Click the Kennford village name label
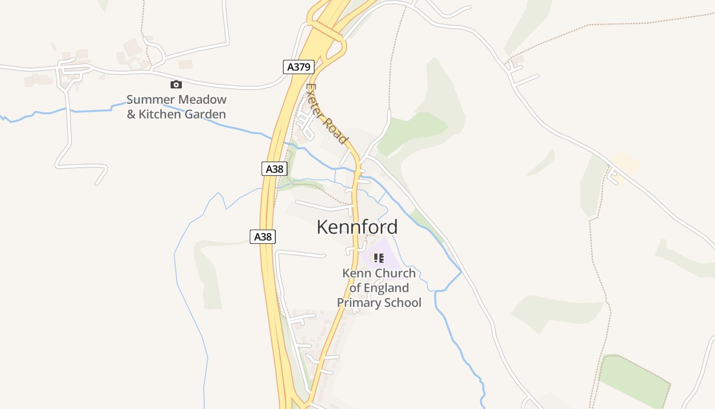click(x=357, y=227)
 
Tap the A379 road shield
click(x=298, y=67)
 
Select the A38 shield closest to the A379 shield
click(x=274, y=169)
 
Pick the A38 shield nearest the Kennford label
click(x=263, y=236)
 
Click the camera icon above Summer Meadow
click(x=176, y=84)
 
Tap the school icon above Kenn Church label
click(x=378, y=258)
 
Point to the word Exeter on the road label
click(x=316, y=102)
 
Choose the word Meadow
click(x=202, y=100)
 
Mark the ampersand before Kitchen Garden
click(x=131, y=114)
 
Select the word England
click(x=387, y=288)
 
